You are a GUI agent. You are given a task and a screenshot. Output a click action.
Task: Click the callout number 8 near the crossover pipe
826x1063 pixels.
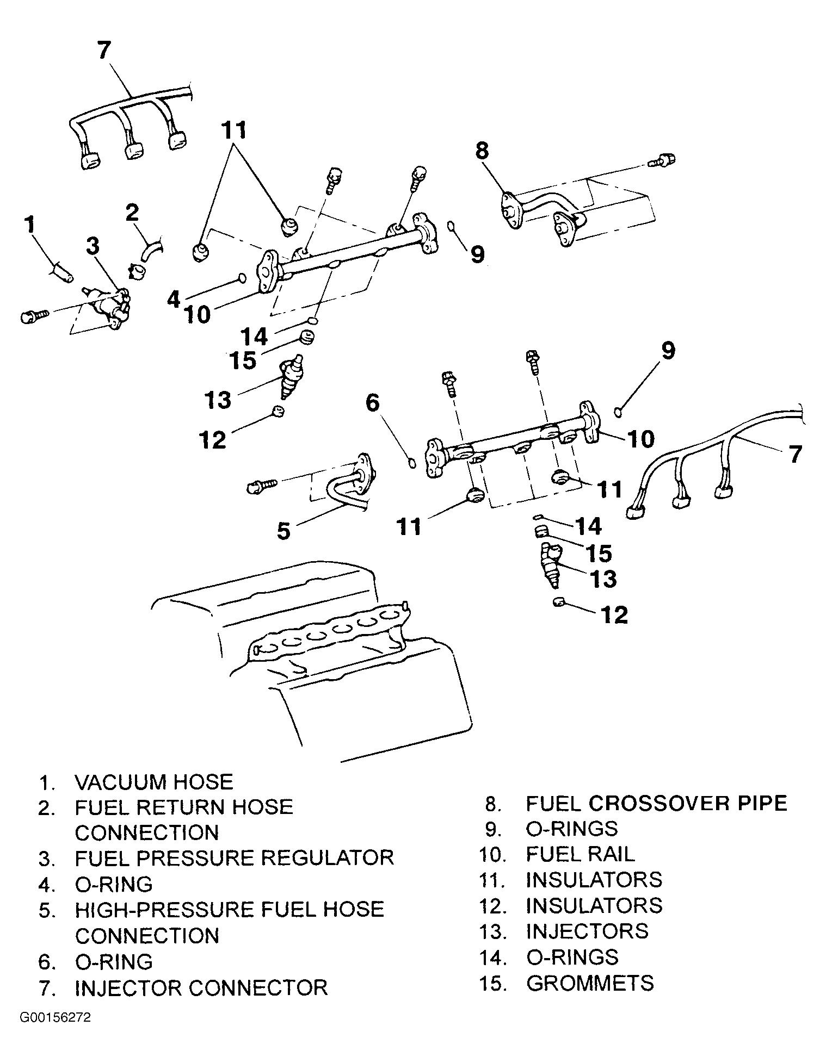coord(482,151)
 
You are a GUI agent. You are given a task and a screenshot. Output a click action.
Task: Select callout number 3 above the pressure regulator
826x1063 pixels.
coord(93,246)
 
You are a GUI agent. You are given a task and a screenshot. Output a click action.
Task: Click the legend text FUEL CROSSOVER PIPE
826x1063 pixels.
coord(657,804)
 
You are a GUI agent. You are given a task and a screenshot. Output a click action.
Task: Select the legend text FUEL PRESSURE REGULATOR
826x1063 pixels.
coord(234,858)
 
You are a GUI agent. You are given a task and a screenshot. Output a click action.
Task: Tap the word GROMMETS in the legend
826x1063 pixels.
coord(590,983)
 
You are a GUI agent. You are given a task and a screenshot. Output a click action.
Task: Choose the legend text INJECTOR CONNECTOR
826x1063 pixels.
coord(201,987)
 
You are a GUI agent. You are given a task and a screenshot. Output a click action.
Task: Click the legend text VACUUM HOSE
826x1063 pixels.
coord(154,782)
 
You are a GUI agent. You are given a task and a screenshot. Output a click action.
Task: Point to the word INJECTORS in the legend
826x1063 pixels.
coord(587,931)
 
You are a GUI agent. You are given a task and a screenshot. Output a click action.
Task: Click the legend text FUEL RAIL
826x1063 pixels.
coord(580,854)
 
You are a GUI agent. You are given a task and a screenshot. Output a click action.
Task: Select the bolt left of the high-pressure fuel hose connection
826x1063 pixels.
coord(263,485)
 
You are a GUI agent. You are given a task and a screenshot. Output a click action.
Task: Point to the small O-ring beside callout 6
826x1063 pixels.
coord(412,463)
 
